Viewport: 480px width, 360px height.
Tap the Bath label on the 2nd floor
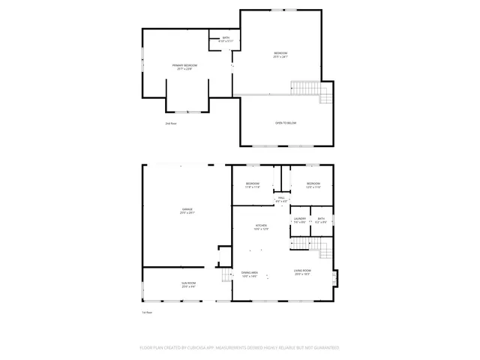coord(226,39)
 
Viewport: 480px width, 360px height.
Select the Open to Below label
coord(286,122)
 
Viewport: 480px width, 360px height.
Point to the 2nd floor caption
coord(171,123)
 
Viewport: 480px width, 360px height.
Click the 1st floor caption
coord(148,311)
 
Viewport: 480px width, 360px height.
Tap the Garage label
coord(187,210)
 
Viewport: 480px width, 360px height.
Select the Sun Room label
coord(187,284)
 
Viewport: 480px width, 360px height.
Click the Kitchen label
coord(261,227)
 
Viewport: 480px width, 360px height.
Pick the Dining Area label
coord(250,274)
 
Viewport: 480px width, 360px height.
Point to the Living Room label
coord(302,272)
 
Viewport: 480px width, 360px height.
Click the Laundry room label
coord(300,220)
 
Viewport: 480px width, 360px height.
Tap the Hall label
coord(281,199)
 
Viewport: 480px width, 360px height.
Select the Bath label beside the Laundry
coord(321,220)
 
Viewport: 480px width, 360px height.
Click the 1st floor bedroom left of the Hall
coord(253,185)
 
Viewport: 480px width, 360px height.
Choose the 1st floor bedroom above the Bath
coord(313,185)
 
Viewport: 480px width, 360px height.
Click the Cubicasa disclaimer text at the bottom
coord(240,347)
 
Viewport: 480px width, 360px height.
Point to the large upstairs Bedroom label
coord(280,54)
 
